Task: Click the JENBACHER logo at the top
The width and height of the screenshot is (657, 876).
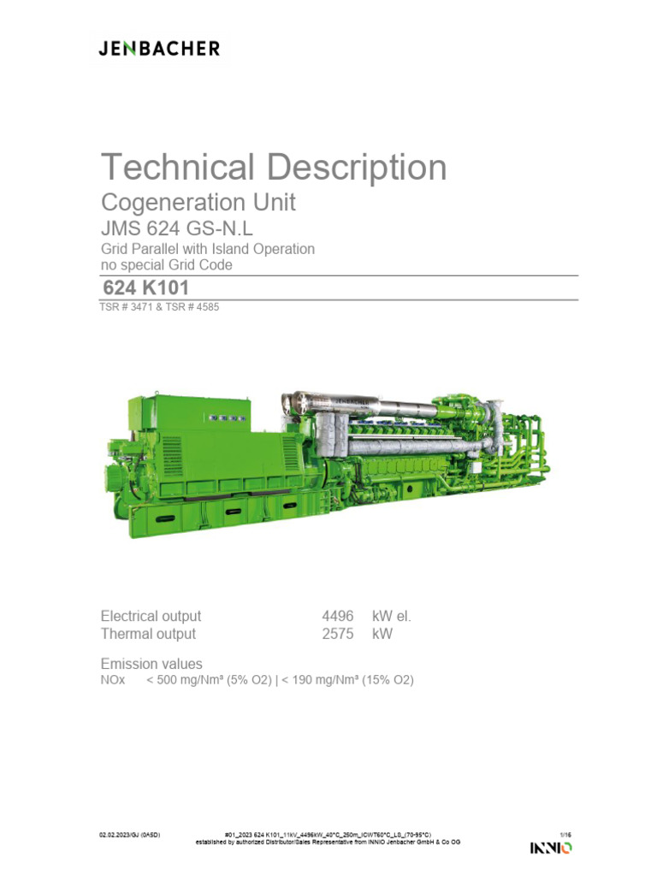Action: tap(158, 49)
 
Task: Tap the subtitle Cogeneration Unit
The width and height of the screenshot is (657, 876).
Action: tap(198, 203)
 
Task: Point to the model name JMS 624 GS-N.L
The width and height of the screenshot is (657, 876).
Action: tap(178, 228)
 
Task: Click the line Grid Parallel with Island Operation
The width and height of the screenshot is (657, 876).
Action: tap(208, 249)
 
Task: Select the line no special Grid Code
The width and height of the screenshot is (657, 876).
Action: tap(167, 265)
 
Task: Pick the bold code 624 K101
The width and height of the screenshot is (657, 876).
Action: tap(145, 288)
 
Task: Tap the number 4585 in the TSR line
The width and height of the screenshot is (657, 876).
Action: tap(205, 307)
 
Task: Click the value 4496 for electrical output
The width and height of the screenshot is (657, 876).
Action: tap(337, 616)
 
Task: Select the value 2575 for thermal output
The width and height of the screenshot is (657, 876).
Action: tap(337, 634)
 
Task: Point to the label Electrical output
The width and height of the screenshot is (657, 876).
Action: tap(151, 616)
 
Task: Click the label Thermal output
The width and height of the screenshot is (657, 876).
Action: tap(148, 634)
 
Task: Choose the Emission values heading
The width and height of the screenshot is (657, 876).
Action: tap(151, 664)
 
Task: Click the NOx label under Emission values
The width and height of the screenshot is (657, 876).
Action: tap(113, 680)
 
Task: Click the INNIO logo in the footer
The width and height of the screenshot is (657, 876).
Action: tap(551, 848)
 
